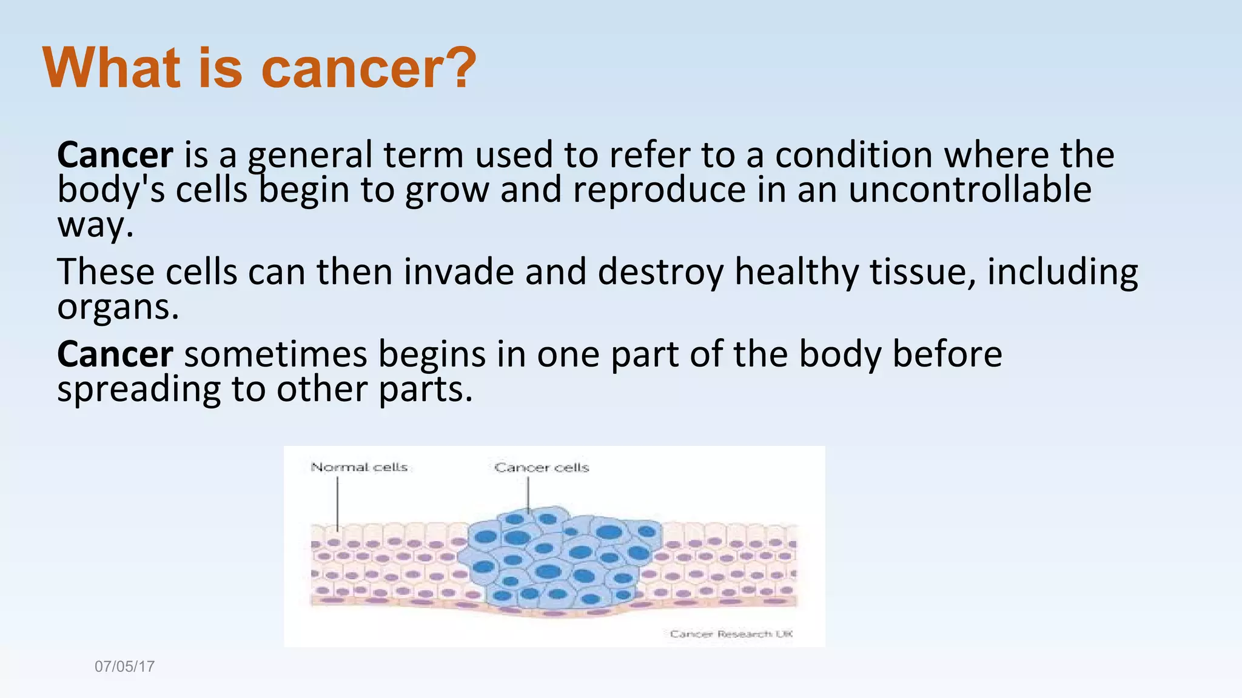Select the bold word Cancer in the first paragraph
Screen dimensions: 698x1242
coord(115,155)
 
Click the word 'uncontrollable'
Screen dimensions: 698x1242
coord(970,190)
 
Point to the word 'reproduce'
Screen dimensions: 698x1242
coord(659,190)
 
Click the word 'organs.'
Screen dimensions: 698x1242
coord(118,307)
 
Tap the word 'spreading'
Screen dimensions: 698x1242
coord(138,389)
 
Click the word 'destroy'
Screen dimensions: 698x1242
coord(660,272)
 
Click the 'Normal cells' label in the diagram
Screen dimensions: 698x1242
coord(359,467)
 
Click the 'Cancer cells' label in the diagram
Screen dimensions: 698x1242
coord(542,467)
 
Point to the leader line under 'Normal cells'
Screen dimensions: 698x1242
coord(338,503)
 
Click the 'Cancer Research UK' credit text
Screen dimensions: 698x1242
coord(731,634)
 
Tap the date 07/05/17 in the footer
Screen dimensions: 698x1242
coord(124,666)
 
